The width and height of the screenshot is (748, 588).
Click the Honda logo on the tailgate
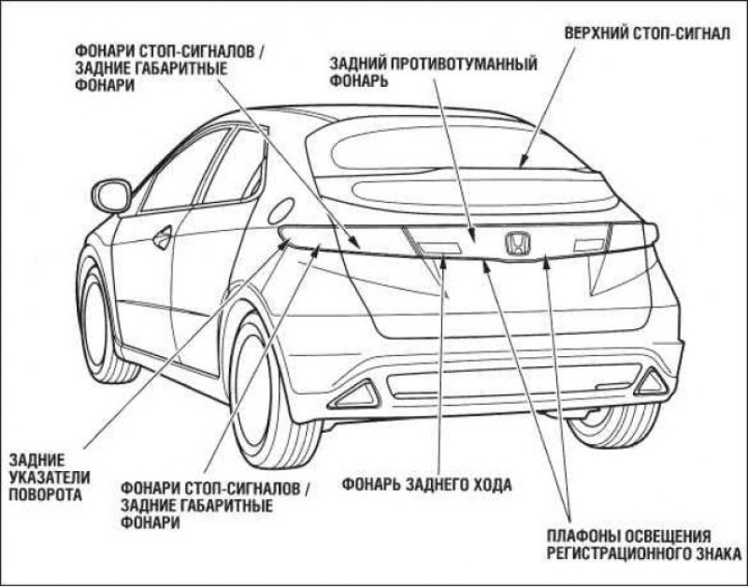click(518, 243)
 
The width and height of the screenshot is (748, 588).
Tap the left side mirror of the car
click(111, 195)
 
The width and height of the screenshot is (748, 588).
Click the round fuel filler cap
click(281, 210)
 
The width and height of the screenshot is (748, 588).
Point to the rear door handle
click(162, 237)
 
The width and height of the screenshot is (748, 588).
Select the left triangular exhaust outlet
click(355, 394)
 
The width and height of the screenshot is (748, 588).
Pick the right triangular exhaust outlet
click(650, 381)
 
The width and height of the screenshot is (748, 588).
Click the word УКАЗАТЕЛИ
click(50, 477)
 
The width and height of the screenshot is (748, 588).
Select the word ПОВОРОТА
click(46, 495)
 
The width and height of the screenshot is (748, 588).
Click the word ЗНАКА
click(719, 553)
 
